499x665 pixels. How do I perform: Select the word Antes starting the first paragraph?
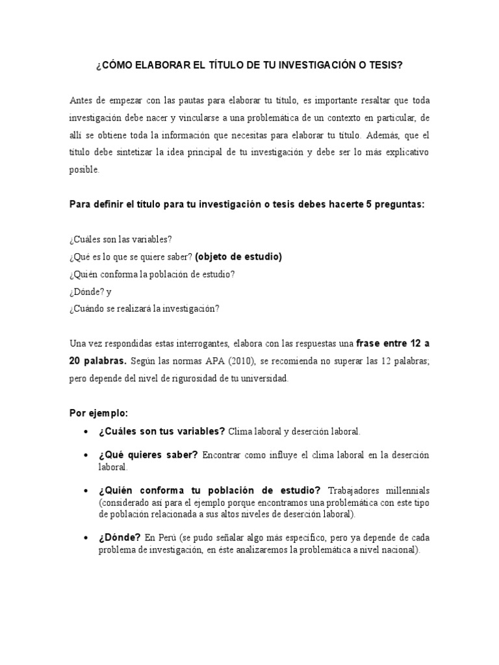(81, 101)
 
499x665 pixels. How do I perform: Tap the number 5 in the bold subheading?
(370, 204)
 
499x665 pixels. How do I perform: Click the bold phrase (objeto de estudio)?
(238, 257)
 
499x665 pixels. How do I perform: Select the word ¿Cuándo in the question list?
(86, 308)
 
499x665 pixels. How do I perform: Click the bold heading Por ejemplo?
(99, 413)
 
